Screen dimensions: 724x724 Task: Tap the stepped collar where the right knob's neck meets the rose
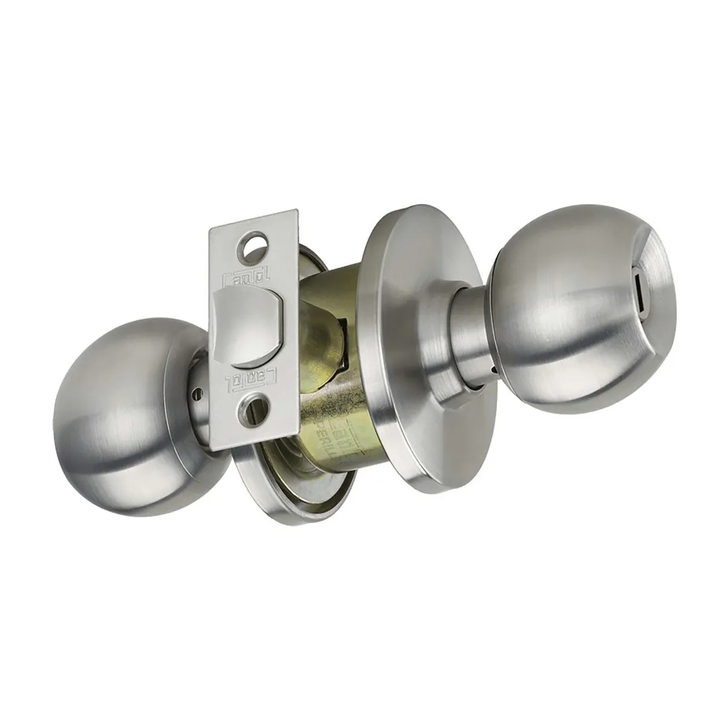(446, 386)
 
